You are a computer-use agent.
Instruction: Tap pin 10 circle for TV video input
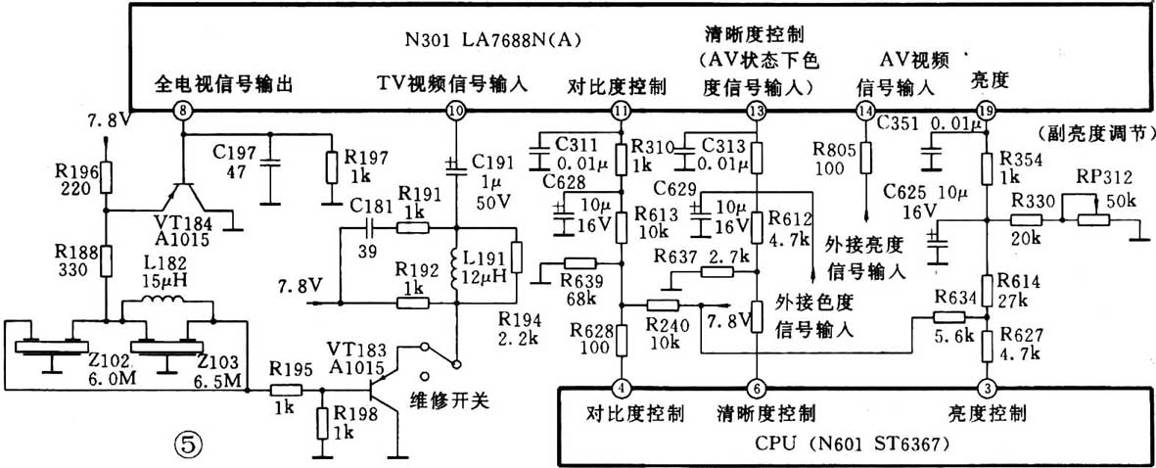click(x=454, y=110)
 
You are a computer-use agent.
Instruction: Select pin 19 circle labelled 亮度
click(x=985, y=110)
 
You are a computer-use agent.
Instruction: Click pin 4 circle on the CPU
click(x=621, y=387)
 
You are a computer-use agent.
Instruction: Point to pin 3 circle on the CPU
click(x=986, y=387)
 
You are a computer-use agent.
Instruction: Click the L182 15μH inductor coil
click(x=165, y=306)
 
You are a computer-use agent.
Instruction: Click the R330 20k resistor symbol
click(x=1025, y=222)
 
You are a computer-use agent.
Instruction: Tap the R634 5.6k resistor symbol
click(x=948, y=316)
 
